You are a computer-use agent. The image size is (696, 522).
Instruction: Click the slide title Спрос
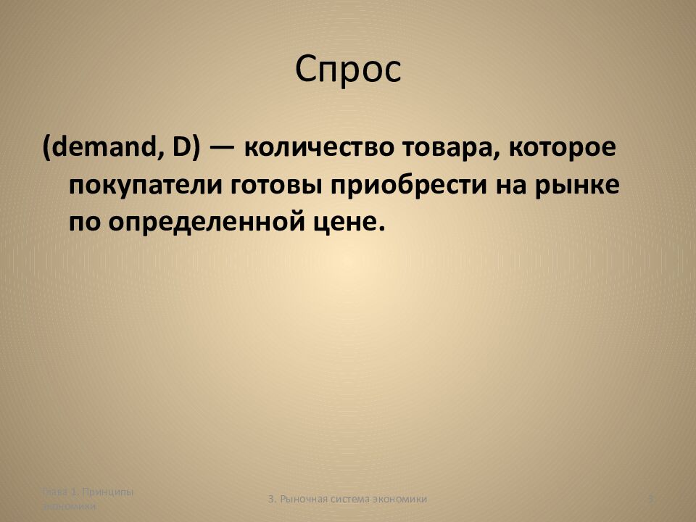(x=348, y=70)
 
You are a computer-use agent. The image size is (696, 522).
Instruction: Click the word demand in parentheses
(x=101, y=149)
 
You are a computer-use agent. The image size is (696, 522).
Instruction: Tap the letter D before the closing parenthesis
(x=181, y=149)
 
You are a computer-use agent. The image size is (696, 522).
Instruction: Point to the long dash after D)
(x=221, y=150)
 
